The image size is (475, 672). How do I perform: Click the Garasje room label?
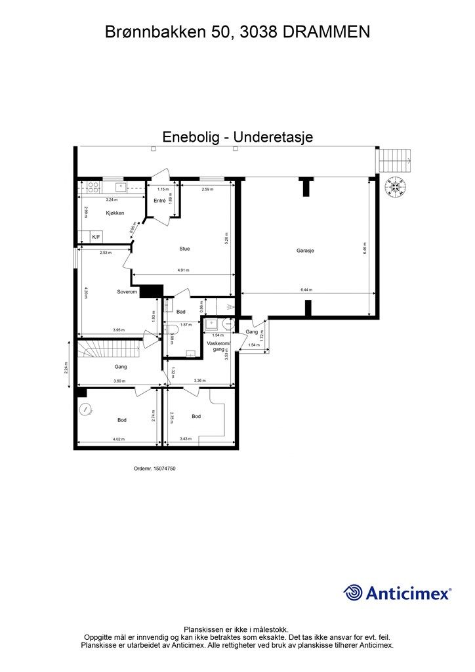click(305, 249)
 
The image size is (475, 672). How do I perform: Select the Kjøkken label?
click(115, 213)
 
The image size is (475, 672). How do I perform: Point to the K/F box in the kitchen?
click(96, 236)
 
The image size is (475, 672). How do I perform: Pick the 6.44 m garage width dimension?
click(306, 289)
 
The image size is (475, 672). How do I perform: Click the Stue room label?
click(185, 249)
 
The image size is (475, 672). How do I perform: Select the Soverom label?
click(127, 291)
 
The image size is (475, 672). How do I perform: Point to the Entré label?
click(159, 200)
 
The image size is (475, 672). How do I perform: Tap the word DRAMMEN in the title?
click(327, 31)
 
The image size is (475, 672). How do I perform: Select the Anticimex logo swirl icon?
click(354, 593)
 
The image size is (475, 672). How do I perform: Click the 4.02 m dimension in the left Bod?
click(118, 440)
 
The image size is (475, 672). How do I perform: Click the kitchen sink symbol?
click(121, 186)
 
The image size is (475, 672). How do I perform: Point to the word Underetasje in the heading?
click(275, 137)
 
